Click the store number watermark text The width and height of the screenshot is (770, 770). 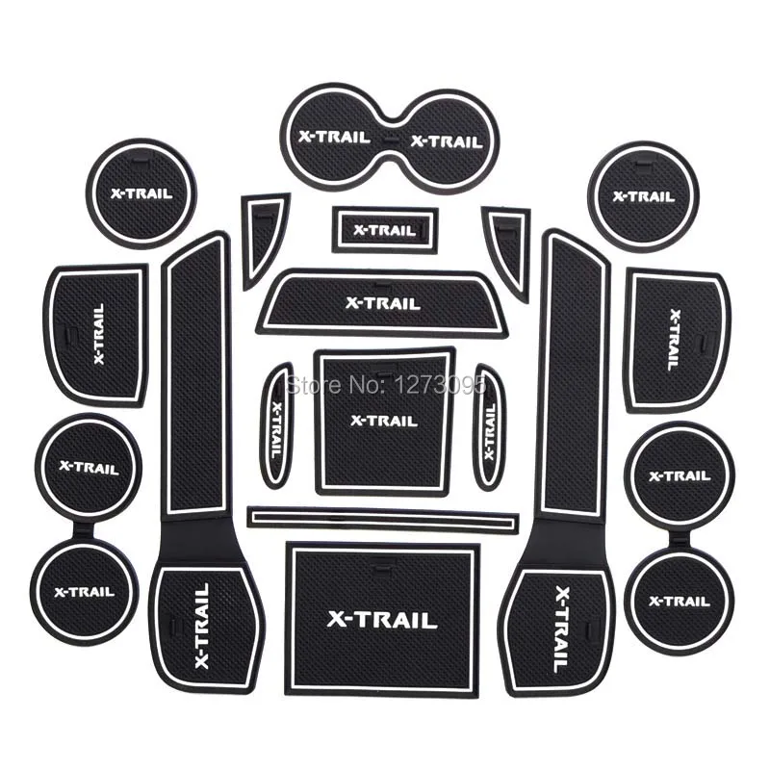386,384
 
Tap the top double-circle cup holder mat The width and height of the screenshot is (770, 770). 391,139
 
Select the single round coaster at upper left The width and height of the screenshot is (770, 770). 141,193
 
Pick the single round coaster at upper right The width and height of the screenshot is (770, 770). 643,196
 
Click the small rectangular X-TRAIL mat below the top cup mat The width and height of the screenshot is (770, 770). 385,230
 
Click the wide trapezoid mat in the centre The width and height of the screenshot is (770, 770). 383,303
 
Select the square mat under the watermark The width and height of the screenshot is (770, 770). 385,421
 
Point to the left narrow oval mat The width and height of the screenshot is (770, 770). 275,426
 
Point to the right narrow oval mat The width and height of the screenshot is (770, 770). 489,426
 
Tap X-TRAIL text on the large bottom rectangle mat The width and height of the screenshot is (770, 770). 381,620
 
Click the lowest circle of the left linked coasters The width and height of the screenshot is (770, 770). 85,592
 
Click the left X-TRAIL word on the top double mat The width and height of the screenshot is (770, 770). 334,136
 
